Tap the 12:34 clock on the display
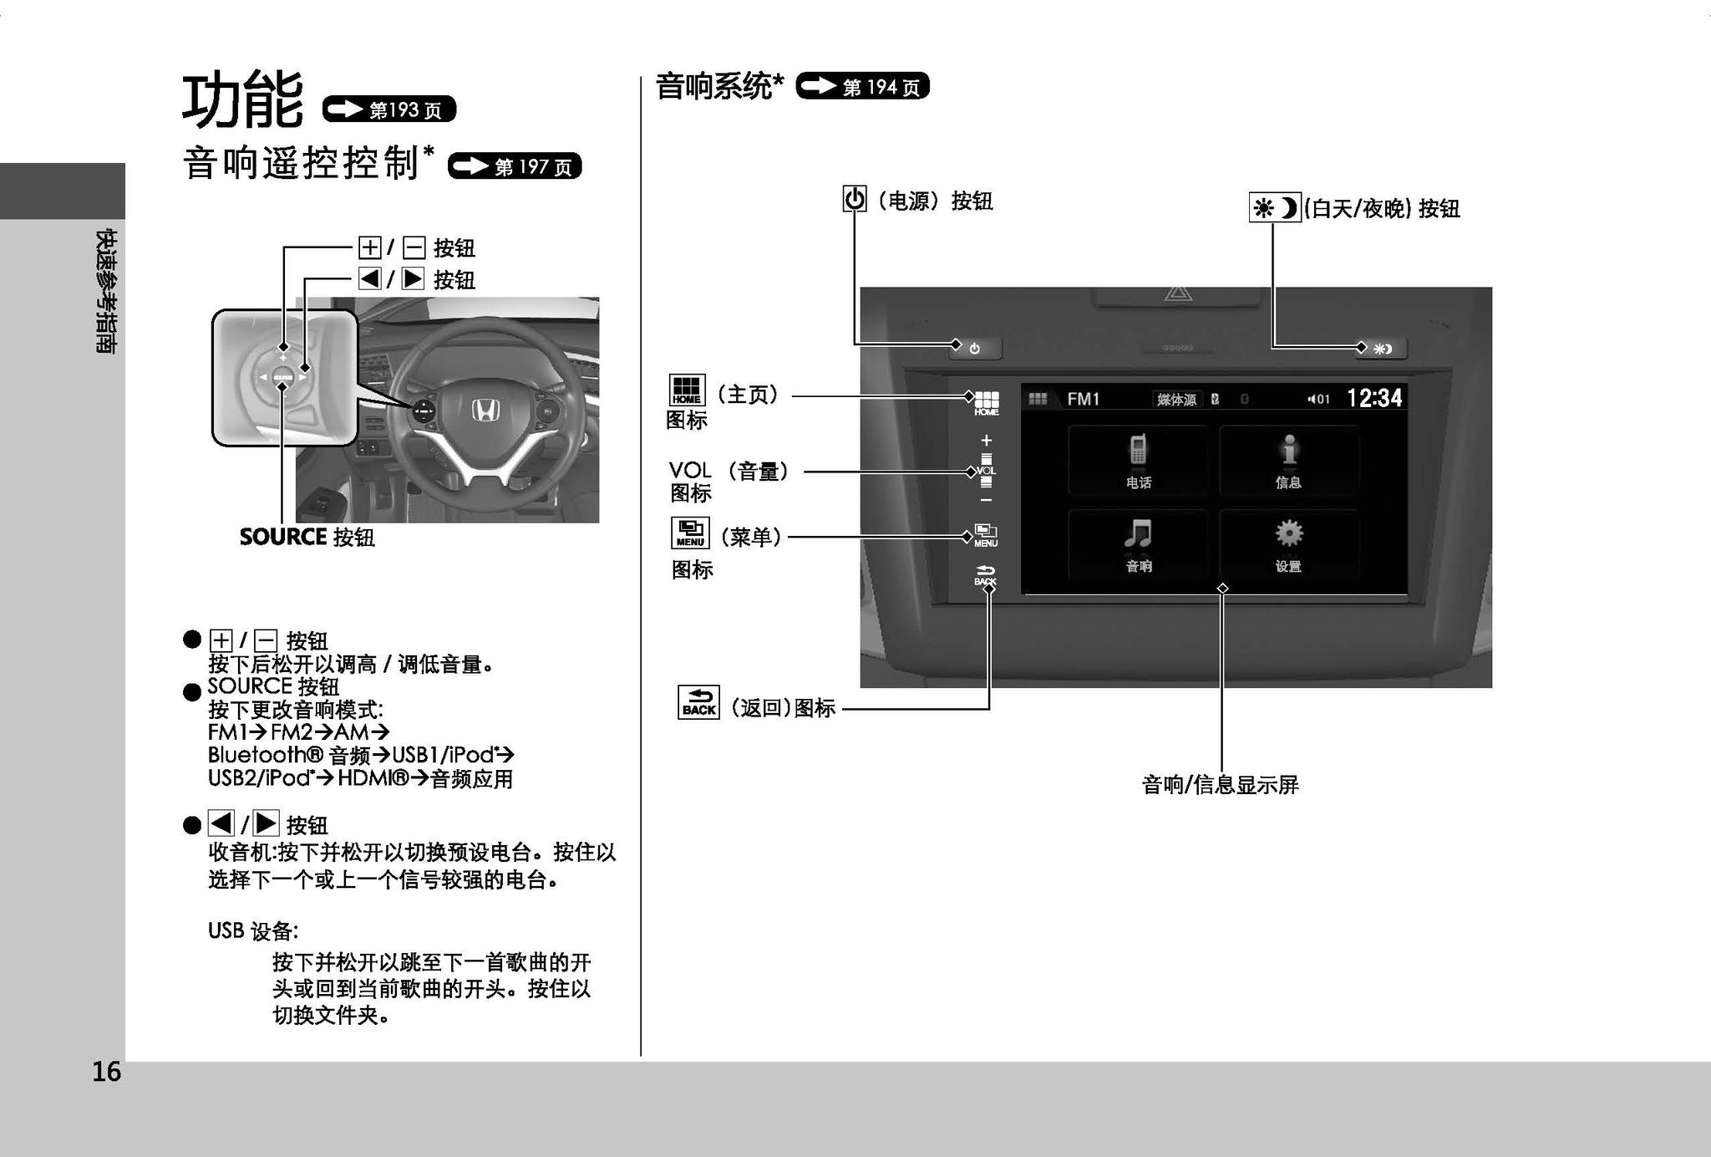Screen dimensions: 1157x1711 click(x=1374, y=398)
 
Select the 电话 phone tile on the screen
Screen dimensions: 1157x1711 click(x=1138, y=461)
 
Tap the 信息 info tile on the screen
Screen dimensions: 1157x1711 click(x=1288, y=461)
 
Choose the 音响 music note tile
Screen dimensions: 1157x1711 click(x=1138, y=544)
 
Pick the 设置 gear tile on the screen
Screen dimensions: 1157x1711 click(x=1288, y=544)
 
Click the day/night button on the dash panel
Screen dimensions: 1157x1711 click(x=1383, y=349)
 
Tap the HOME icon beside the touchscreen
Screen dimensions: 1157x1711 click(x=986, y=403)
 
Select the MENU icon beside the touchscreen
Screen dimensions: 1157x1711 click(x=986, y=535)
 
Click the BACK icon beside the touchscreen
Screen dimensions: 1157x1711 click(x=986, y=575)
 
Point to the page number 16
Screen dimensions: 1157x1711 click(x=106, y=1072)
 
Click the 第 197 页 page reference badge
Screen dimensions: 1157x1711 click(x=515, y=166)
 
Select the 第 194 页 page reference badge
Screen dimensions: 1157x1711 click(x=862, y=86)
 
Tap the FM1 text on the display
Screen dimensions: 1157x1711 click(x=1084, y=399)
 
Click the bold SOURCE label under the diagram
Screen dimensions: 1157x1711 click(x=282, y=537)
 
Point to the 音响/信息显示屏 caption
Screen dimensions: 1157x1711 click(x=1220, y=785)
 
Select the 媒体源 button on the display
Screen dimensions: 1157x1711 click(x=1176, y=400)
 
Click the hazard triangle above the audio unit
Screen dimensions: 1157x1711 click(x=1177, y=294)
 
